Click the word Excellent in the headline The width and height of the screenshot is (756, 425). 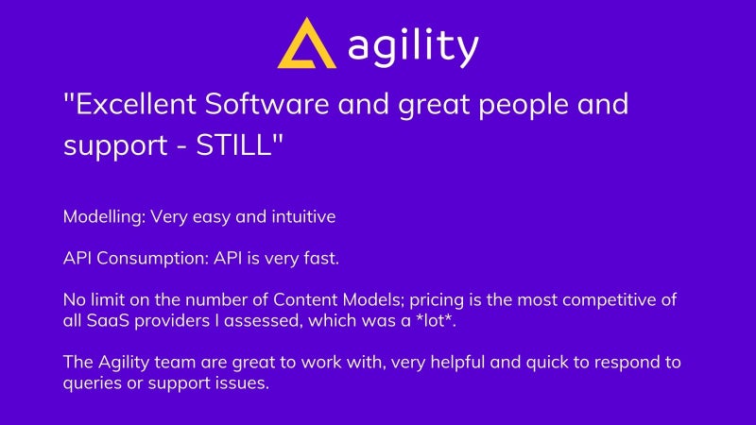coord(136,104)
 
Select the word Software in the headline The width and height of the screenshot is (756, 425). coord(267,104)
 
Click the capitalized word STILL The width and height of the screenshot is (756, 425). coord(233,144)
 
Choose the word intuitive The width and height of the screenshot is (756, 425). coord(303,216)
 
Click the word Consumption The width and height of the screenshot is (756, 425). coord(153,259)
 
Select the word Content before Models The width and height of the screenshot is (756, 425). coord(305,299)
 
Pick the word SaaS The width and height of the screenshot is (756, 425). coord(108,320)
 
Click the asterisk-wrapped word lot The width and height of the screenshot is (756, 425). coord(436,319)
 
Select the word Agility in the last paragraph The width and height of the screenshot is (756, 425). coord(124,363)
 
